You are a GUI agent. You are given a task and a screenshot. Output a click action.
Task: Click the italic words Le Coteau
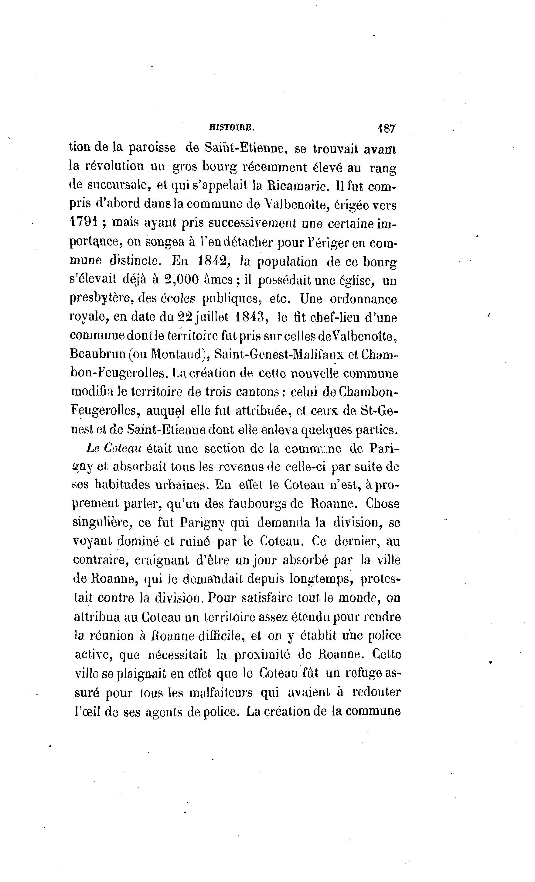click(x=114, y=448)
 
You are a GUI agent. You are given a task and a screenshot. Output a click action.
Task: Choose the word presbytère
click(x=101, y=299)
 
